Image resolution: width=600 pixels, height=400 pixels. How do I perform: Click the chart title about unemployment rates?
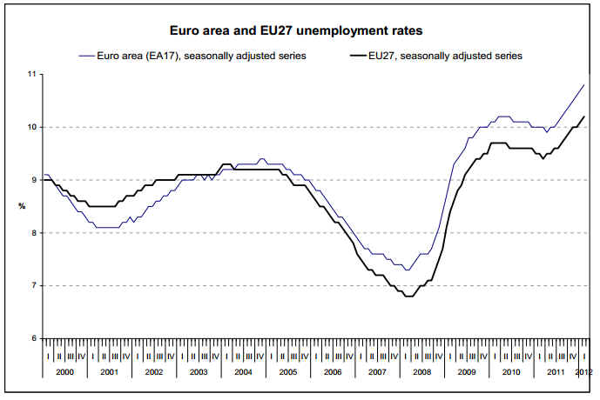click(299, 31)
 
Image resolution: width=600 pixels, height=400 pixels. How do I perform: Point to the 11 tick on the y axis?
click(30, 75)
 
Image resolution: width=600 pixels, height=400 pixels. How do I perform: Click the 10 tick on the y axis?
click(30, 128)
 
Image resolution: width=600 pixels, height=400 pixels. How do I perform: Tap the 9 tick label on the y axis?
click(32, 180)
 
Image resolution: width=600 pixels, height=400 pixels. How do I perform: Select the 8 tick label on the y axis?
click(32, 233)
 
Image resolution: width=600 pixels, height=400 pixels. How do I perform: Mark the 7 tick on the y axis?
click(32, 285)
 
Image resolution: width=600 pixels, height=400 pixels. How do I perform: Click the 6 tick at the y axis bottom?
click(32, 338)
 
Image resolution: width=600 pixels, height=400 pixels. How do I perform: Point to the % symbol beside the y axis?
click(23, 206)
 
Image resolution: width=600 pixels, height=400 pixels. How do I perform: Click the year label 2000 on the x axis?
click(64, 371)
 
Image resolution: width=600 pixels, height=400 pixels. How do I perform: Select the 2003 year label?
click(199, 371)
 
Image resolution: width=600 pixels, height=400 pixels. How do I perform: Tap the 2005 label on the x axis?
click(287, 371)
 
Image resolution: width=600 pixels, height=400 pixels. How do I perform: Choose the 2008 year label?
click(421, 371)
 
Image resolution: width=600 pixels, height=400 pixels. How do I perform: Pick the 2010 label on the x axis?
click(510, 371)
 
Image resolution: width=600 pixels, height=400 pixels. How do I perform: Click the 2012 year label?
click(583, 371)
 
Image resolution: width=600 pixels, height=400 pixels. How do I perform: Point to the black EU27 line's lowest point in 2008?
click(408, 296)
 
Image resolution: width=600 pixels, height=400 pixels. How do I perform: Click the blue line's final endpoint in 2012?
click(583, 84)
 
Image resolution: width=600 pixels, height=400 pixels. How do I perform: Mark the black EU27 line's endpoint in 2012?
click(583, 117)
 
